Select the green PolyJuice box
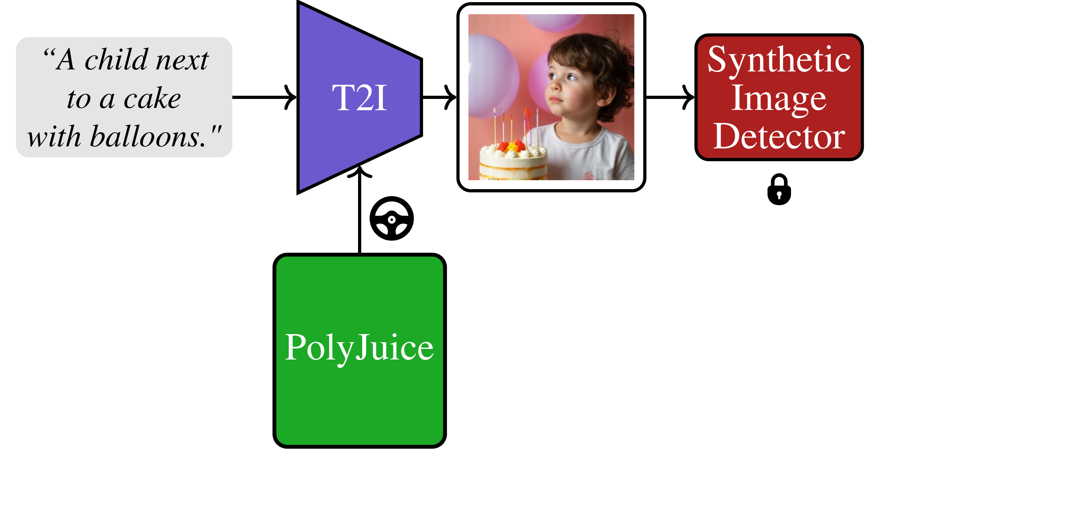pyautogui.click(x=360, y=350)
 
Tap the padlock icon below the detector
pyautogui.click(x=779, y=190)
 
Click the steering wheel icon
pyautogui.click(x=392, y=218)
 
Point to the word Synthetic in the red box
pyautogui.click(x=779, y=60)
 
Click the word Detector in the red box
pyautogui.click(x=779, y=136)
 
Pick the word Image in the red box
pyautogui.click(x=779, y=99)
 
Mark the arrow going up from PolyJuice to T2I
pyautogui.click(x=359, y=209)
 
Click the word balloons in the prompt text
pyautogui.click(x=148, y=137)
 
